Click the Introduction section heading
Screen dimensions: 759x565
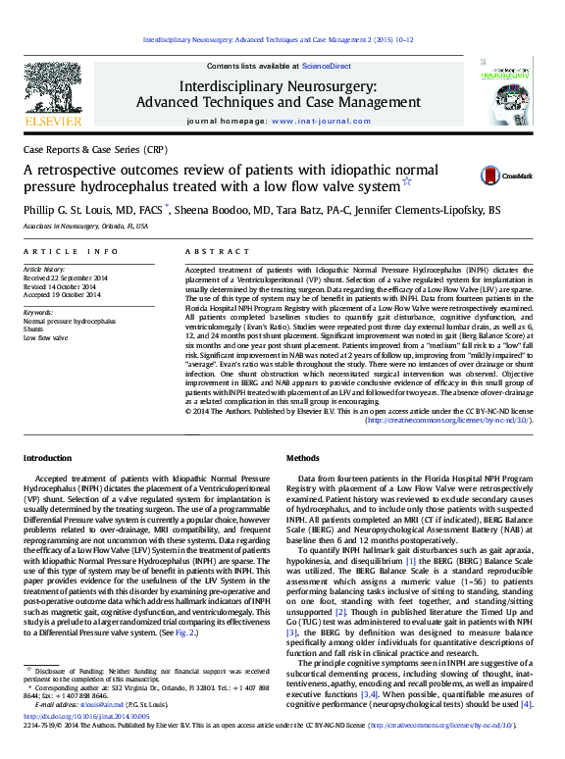(47, 459)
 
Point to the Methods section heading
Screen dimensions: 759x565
(302, 459)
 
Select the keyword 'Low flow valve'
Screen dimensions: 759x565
(44, 337)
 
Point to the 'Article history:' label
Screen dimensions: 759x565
(46, 268)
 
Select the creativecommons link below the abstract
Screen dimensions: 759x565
(448, 419)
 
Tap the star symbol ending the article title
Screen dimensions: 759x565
(407, 181)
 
